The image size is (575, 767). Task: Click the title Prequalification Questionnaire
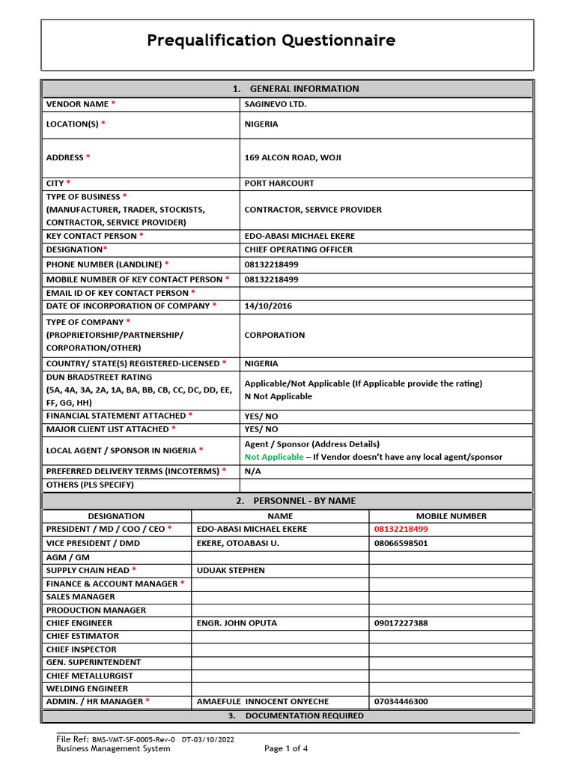[271, 40]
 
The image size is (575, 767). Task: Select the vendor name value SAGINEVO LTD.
[276, 104]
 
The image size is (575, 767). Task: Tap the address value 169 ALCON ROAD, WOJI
[293, 157]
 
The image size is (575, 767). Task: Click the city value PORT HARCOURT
[279, 183]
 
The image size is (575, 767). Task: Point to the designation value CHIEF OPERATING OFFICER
[298, 249]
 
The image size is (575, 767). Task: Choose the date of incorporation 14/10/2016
[267, 306]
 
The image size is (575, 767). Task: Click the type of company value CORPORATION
[275, 335]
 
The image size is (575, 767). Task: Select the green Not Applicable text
[274, 457]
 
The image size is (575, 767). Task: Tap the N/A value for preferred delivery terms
[253, 471]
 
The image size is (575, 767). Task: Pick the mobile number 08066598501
[401, 543]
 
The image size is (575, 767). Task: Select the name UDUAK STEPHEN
[231, 570]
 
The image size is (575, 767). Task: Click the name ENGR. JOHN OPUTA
[237, 623]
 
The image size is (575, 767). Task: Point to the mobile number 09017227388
[401, 623]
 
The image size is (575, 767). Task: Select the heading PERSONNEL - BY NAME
[304, 500]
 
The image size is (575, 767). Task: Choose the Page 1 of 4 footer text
[286, 748]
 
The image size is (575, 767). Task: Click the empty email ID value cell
[386, 293]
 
